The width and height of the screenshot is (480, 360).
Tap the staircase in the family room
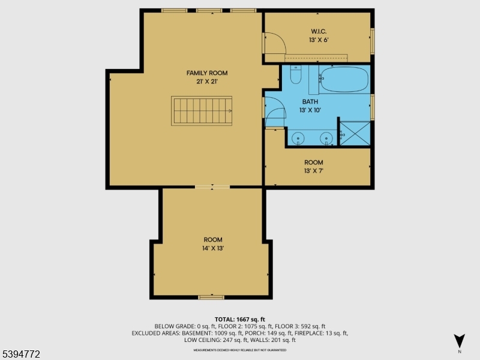[x=202, y=111]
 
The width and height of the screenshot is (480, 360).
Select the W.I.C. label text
[x=318, y=31]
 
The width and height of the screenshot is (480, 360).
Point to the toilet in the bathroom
[x=296, y=75]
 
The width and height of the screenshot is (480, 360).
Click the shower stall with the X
[x=355, y=133]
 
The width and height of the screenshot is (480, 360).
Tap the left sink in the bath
[x=298, y=138]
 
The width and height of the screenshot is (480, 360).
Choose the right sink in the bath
[x=327, y=138]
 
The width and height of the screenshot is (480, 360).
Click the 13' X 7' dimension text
[x=314, y=171]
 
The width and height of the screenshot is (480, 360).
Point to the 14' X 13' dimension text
[x=213, y=248]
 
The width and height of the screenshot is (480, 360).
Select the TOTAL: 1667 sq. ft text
[x=240, y=319]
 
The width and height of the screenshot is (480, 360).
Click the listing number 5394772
[x=21, y=355]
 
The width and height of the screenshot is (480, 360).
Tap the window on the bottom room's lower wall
[x=211, y=297]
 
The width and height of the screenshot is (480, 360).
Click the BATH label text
[x=310, y=102]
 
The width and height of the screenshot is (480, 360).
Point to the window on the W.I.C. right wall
[x=372, y=40]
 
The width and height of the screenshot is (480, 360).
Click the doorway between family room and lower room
[x=211, y=188]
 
